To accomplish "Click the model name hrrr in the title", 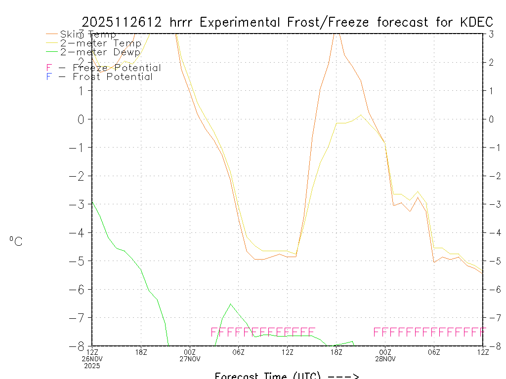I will [182, 22].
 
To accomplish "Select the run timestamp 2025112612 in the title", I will [122, 22].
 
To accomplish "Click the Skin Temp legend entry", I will [88, 35].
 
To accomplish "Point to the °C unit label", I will [16, 241].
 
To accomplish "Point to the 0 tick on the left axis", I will [82, 119].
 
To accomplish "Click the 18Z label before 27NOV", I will [141, 351].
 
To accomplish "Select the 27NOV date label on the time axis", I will [190, 359].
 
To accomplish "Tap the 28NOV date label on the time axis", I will [385, 359].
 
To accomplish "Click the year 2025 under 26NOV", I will [92, 366].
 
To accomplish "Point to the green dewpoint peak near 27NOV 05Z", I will [231, 304].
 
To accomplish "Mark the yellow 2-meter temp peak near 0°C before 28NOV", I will [361, 115].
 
